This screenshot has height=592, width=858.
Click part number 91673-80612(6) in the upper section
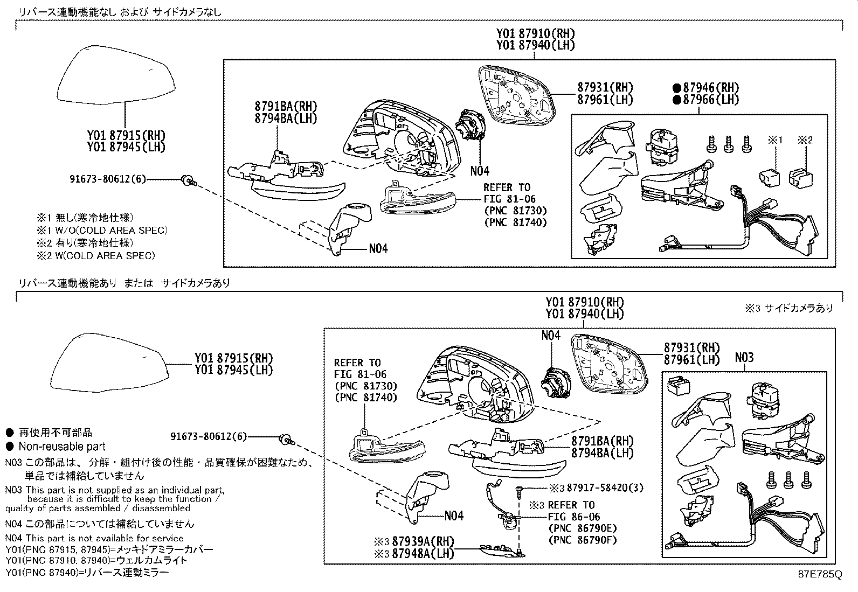(x=107, y=179)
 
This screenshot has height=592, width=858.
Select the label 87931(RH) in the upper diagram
(x=605, y=87)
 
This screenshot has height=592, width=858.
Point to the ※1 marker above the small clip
(x=774, y=141)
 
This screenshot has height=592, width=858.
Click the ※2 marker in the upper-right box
(x=805, y=141)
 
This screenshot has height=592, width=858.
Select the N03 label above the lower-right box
(x=744, y=358)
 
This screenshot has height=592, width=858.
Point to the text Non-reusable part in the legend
(x=62, y=446)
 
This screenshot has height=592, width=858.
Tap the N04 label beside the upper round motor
(x=479, y=171)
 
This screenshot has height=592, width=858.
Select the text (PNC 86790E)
(x=582, y=528)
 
